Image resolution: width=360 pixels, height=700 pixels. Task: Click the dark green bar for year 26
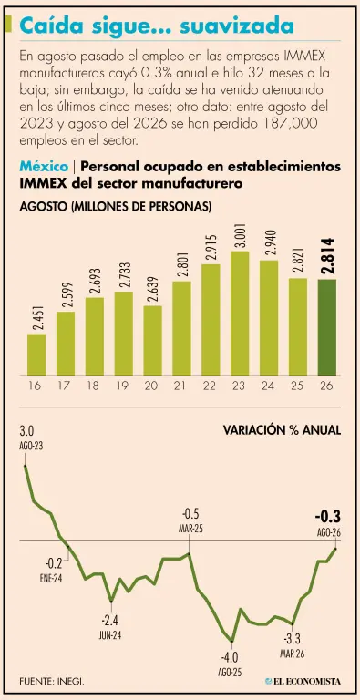point(327,327)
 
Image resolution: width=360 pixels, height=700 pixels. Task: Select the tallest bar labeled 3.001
point(240,314)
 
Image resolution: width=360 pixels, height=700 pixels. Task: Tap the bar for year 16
point(36,355)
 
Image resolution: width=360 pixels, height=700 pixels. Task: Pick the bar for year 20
point(153,341)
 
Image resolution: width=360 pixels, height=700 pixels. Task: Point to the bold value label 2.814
point(327,257)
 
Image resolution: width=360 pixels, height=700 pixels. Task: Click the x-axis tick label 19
point(124,386)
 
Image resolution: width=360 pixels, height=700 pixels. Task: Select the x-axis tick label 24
point(269,386)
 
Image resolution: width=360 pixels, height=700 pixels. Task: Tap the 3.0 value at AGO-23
point(26,432)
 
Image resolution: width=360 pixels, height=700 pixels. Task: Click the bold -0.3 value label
point(327,517)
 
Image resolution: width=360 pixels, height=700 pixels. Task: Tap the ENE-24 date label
point(50,579)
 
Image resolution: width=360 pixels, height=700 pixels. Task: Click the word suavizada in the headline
point(236,26)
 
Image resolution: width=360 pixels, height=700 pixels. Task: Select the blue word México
point(44,167)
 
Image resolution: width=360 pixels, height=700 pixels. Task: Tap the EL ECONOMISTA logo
point(303,682)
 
